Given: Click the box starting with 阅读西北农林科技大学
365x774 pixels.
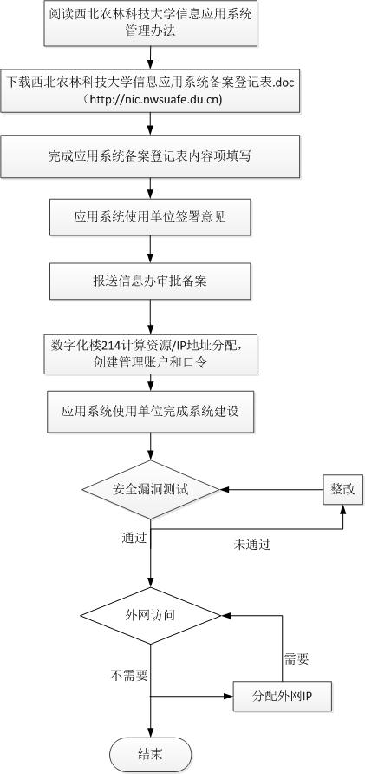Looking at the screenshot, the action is tap(150, 23).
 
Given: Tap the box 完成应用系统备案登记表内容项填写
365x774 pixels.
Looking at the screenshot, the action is tap(150, 156).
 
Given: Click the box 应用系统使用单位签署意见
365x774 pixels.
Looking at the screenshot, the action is tap(150, 217).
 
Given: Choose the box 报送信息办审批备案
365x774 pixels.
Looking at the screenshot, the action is tap(150, 281).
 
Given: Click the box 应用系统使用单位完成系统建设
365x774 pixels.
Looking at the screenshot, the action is tap(150, 412).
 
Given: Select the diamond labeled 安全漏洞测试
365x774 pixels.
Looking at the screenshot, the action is tap(150, 490).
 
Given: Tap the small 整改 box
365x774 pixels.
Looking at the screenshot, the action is tap(342, 489).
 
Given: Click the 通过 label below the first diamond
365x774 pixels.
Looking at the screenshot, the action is tap(134, 537).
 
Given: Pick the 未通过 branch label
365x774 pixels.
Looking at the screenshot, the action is tap(251, 545).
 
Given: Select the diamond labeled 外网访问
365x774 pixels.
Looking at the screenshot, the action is tap(150, 616).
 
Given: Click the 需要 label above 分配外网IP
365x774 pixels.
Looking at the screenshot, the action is tap(297, 658).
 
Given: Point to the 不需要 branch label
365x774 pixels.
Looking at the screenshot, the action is tap(129, 675).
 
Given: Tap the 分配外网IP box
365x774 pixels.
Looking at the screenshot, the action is tap(282, 696).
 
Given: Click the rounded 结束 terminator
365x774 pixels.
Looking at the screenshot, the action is tap(150, 755).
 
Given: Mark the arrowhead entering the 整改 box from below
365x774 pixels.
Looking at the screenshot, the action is tap(342, 509).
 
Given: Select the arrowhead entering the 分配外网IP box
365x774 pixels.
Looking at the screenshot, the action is tap(229, 697).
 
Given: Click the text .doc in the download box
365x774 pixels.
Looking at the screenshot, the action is tap(284, 82).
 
